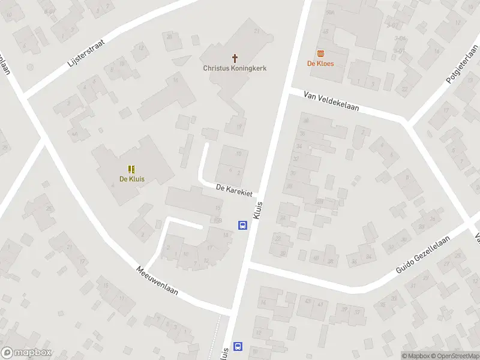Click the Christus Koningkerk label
click(x=234, y=68)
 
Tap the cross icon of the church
click(x=234, y=58)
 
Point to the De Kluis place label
click(x=132, y=178)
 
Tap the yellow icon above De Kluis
click(x=132, y=169)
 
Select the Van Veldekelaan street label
click(x=331, y=101)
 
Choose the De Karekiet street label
click(x=236, y=189)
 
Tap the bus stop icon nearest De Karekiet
click(x=242, y=226)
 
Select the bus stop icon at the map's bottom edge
click(x=238, y=346)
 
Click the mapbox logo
click(x=26, y=353)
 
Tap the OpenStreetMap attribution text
click(x=454, y=356)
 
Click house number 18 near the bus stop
click(x=226, y=235)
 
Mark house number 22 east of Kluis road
click(x=278, y=238)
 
